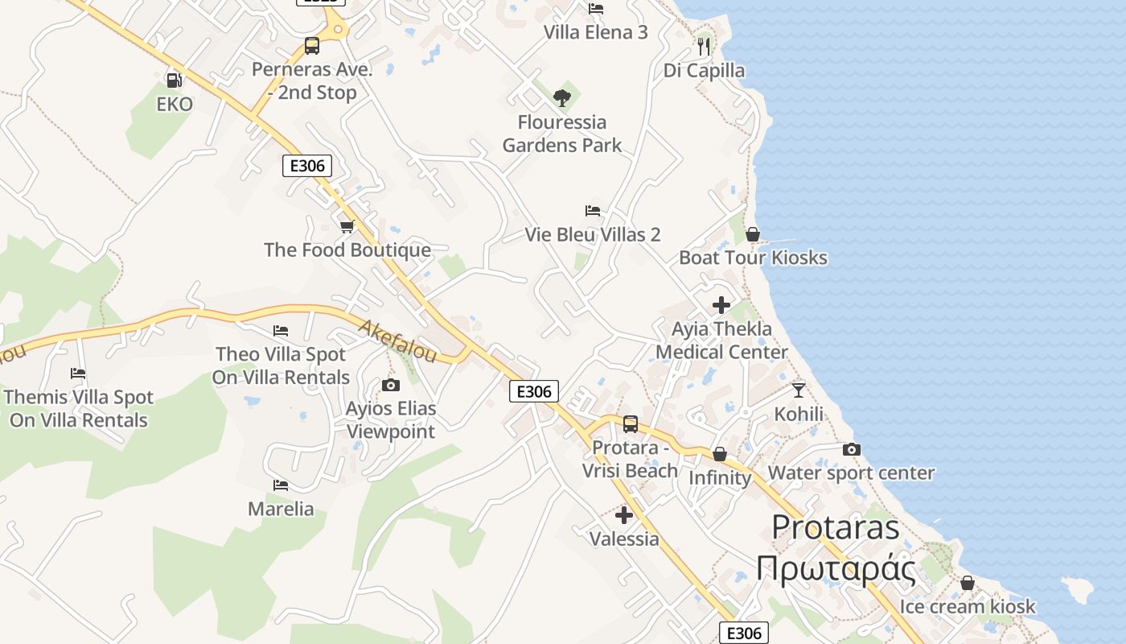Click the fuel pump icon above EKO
pyautogui.click(x=173, y=80)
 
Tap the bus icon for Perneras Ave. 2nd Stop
pyautogui.click(x=312, y=46)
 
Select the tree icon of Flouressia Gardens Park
pyautogui.click(x=562, y=98)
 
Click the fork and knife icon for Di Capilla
pyautogui.click(x=704, y=46)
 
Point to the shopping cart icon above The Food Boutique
pyautogui.click(x=347, y=226)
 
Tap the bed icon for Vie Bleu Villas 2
pyautogui.click(x=593, y=211)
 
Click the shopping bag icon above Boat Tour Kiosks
pyautogui.click(x=753, y=234)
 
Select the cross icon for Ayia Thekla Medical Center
pyautogui.click(x=721, y=305)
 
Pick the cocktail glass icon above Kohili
pyautogui.click(x=799, y=390)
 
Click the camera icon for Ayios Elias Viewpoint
pyautogui.click(x=391, y=385)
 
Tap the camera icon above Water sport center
pyautogui.click(x=852, y=449)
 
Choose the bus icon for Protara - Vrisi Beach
pyautogui.click(x=631, y=423)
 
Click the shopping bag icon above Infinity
pyautogui.click(x=720, y=454)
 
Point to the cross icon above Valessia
pyautogui.click(x=624, y=515)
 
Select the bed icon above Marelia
pyautogui.click(x=281, y=485)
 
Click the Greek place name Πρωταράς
pyautogui.click(x=836, y=569)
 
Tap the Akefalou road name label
pyautogui.click(x=397, y=341)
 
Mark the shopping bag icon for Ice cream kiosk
pyautogui.click(x=968, y=583)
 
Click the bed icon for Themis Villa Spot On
pyautogui.click(x=78, y=374)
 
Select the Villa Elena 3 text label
pyautogui.click(x=596, y=32)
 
